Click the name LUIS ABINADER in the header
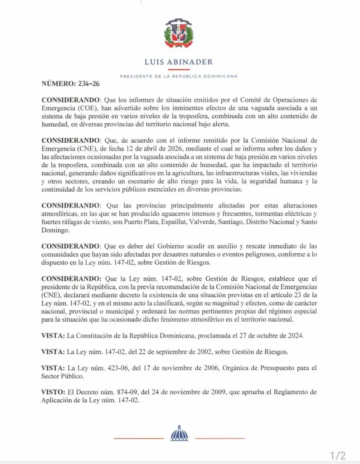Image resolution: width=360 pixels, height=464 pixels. [x=179, y=62]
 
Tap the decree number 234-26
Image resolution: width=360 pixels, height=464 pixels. [x=90, y=84]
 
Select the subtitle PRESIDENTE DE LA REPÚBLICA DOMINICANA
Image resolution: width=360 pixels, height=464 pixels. [x=179, y=76]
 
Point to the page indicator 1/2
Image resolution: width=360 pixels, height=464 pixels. [x=338, y=454]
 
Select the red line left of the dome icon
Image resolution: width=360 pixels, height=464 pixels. [x=138, y=439]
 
